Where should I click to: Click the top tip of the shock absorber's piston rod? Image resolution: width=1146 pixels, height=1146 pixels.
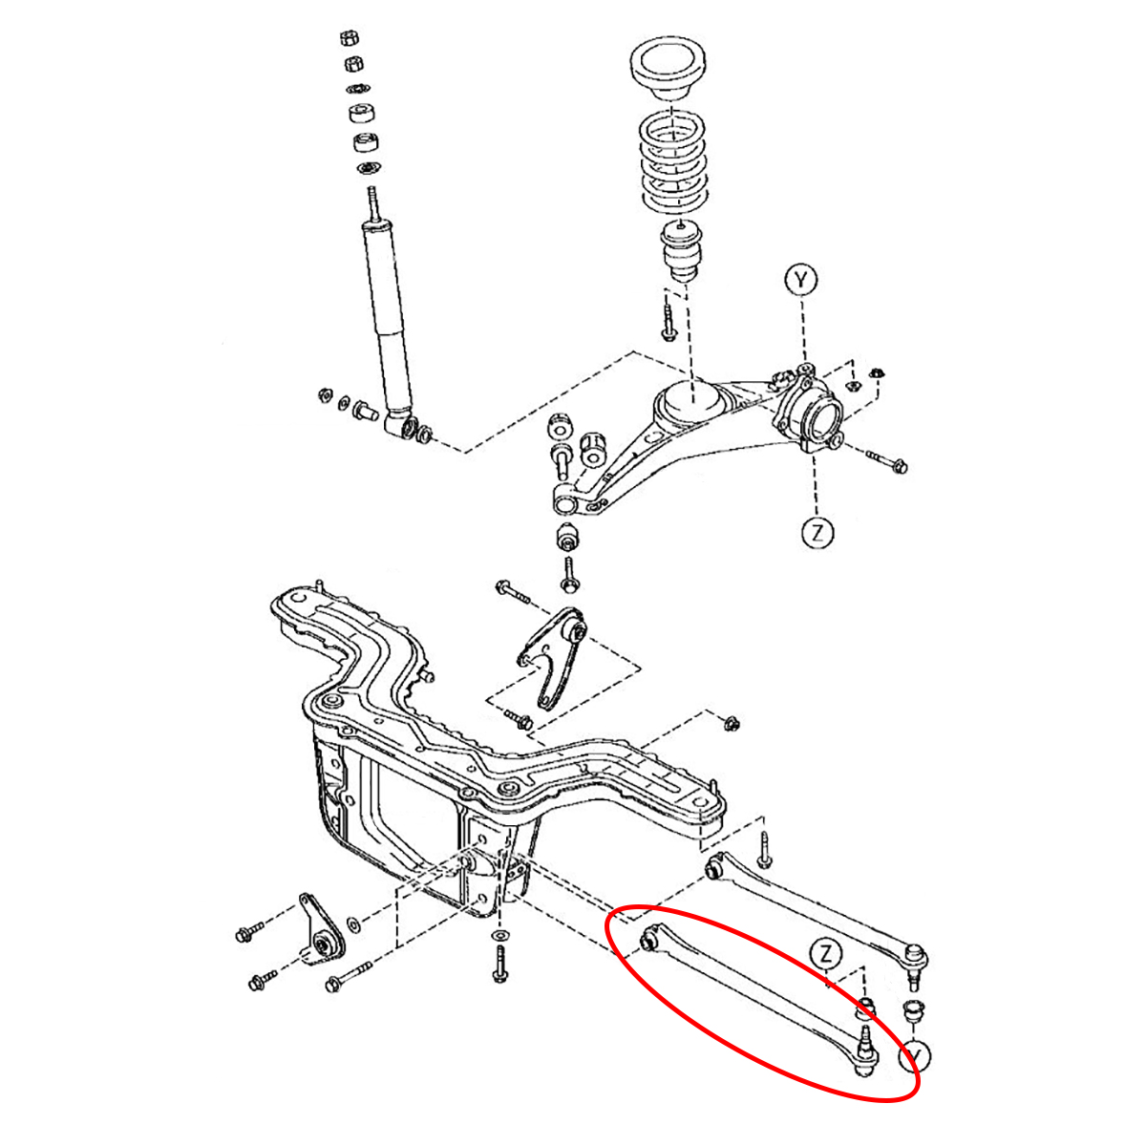pos(372,189)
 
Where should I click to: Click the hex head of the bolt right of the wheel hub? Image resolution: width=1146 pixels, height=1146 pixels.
pos(900,466)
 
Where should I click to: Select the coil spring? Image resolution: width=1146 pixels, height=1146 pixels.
pos(672,164)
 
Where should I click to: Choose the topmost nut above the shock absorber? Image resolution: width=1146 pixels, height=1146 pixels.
pos(349,38)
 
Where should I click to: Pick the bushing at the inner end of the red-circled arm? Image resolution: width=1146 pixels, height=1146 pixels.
pos(648,941)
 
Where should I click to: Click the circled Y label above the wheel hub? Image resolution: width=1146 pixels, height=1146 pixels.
pos(801,280)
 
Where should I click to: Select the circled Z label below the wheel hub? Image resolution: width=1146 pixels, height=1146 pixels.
pos(817,532)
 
